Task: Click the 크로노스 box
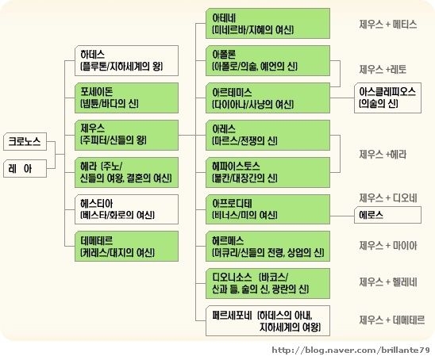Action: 25,142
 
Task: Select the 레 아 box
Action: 25,168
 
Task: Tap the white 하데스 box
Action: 126,61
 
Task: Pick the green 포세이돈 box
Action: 126,98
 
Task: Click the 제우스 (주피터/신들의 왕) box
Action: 126,136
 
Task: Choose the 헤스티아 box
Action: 126,209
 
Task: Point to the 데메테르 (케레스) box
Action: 126,247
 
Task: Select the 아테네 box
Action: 268,23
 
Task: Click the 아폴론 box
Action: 268,61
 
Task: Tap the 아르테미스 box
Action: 268,98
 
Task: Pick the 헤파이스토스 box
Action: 268,172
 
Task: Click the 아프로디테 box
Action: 268,209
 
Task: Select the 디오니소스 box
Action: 268,283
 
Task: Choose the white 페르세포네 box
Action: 268,320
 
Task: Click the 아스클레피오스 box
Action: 387,98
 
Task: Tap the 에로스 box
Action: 387,215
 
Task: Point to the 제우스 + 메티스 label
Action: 388,25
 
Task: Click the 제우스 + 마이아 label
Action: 388,246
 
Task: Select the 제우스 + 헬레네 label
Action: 388,282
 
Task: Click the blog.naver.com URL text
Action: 351,350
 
